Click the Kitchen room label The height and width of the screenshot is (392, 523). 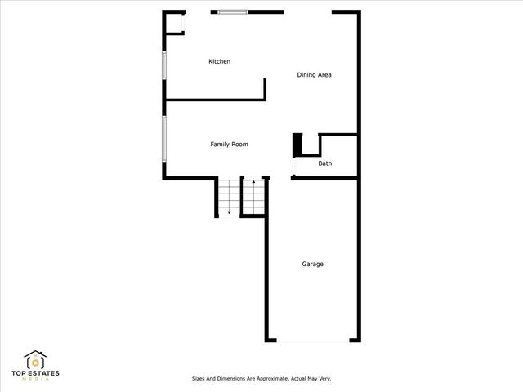(219, 62)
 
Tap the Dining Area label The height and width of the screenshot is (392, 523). (313, 75)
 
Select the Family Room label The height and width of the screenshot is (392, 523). (229, 145)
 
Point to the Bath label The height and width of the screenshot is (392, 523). (324, 164)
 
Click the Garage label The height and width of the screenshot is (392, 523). (312, 264)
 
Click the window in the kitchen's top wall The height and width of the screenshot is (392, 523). (232, 11)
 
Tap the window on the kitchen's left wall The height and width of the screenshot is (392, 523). (164, 65)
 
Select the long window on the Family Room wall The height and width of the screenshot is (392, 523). (164, 139)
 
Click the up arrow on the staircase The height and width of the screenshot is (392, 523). (253, 183)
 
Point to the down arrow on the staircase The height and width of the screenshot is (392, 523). (230, 211)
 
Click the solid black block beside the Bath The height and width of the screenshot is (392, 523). (298, 144)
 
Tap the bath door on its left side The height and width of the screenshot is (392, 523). (293, 166)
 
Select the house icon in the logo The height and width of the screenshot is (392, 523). (35, 359)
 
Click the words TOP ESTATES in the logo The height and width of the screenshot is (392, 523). (35, 374)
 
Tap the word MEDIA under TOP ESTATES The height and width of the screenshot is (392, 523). (35, 381)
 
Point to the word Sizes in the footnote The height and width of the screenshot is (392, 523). (199, 379)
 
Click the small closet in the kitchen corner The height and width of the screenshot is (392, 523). (173, 22)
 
